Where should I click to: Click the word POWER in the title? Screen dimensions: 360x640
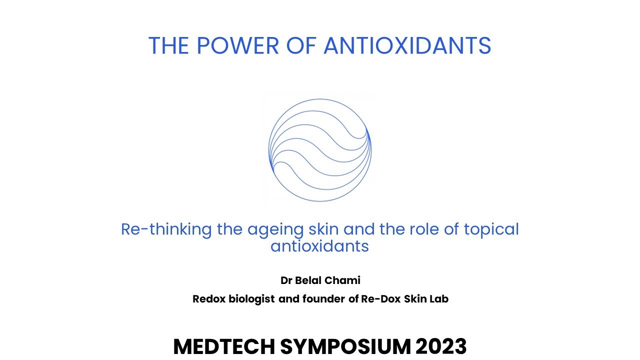[x=238, y=45]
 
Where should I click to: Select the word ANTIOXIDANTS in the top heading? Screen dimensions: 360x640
[x=407, y=45]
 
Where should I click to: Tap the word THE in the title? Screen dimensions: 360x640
[x=168, y=45]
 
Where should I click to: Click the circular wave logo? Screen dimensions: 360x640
[x=320, y=150]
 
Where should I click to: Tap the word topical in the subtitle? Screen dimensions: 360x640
[x=491, y=230]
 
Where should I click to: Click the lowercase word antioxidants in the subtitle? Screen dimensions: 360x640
[x=319, y=246]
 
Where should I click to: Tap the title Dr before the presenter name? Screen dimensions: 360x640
[x=286, y=280]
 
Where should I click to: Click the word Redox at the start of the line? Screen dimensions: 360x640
[x=209, y=299]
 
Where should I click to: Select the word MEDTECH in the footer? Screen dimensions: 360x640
[x=224, y=346]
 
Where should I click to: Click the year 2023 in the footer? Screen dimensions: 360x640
[x=441, y=346]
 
